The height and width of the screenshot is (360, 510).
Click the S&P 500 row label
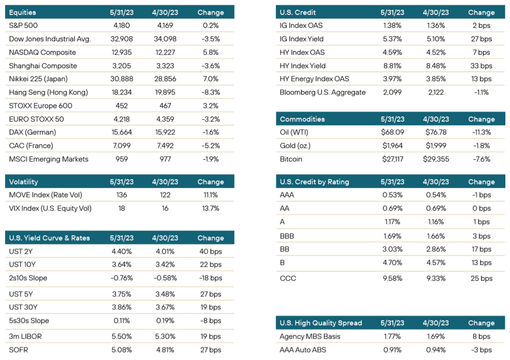[23, 25]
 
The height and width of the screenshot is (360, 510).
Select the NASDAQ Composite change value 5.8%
[211, 52]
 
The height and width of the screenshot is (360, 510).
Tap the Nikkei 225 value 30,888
[122, 79]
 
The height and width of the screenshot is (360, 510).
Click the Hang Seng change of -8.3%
[211, 93]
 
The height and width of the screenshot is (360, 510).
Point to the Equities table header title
[23, 12]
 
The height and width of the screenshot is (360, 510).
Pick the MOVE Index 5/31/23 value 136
[122, 195]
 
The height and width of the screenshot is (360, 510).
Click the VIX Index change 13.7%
[211, 208]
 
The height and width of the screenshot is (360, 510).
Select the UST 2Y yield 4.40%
[122, 251]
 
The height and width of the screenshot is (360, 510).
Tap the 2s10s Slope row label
[28, 278]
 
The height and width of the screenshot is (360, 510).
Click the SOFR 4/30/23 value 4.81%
[165, 350]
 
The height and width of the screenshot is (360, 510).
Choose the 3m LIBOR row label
[25, 336]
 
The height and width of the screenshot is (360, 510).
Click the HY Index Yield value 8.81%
[392, 65]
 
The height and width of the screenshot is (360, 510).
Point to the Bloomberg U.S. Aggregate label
[322, 93]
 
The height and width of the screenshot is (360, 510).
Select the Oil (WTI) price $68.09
[392, 133]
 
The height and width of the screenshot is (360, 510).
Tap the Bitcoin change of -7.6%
[482, 159]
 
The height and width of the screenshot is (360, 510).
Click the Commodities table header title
[302, 119]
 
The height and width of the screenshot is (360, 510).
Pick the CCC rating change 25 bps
[482, 278]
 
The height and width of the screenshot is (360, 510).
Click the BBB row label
[287, 236]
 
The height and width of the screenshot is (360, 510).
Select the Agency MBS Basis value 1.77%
[392, 336]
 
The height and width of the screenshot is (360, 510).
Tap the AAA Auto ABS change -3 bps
[482, 350]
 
